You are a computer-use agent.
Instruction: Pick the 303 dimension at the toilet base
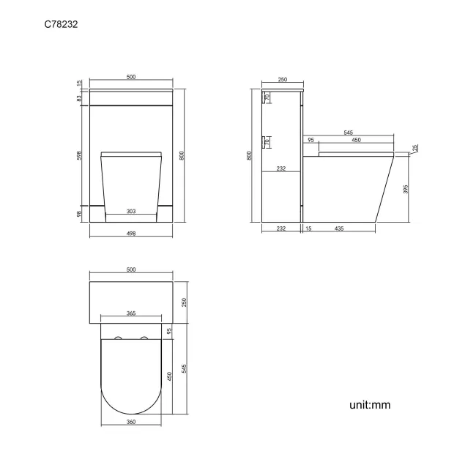pos(130,211)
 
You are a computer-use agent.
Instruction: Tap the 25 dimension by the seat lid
pos(415,148)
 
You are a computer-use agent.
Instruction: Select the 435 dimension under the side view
pos(340,230)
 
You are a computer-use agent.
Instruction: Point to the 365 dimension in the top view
pos(131,313)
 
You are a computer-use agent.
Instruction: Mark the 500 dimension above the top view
pos(131,270)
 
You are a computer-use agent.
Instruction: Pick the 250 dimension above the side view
pos(282,81)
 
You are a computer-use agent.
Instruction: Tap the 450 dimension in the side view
pos(356,140)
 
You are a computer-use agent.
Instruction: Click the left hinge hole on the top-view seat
pos(118,339)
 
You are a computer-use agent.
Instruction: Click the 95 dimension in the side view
pos(310,140)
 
